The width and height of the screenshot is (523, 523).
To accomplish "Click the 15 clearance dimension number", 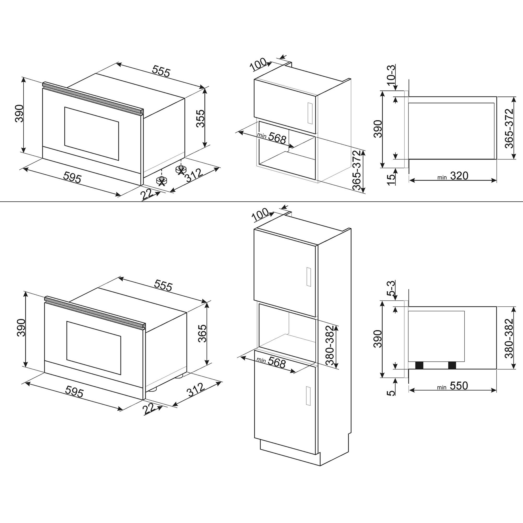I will [x=391, y=180].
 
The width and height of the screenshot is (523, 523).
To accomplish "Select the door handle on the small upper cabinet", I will [x=310, y=113].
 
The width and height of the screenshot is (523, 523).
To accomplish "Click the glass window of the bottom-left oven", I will [x=93, y=348].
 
